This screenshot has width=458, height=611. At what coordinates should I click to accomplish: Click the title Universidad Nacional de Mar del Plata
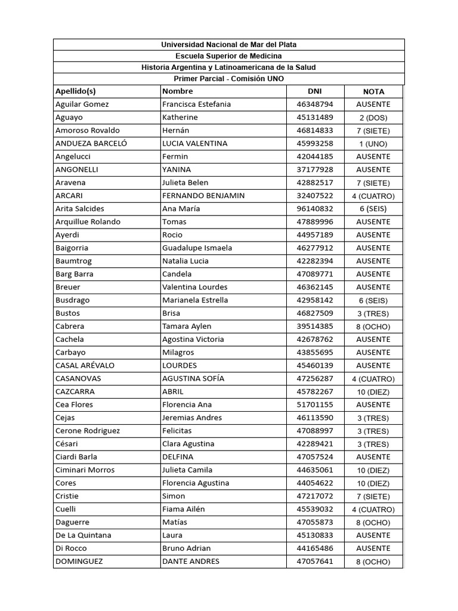[x=228, y=45]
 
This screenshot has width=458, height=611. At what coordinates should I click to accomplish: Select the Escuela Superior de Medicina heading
[x=228, y=56]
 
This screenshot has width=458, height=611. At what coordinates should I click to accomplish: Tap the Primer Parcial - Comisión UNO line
[x=228, y=79]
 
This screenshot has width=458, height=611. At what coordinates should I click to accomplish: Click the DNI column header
[x=314, y=91]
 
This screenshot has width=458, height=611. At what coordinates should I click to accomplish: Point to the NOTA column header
[x=373, y=92]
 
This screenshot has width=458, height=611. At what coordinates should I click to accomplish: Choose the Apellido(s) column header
[x=76, y=91]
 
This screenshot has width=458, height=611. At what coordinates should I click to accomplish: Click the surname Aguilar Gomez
[x=82, y=104]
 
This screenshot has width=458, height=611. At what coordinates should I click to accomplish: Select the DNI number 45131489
[x=315, y=118]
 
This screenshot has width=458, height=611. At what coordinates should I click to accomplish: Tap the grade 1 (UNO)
[x=373, y=144]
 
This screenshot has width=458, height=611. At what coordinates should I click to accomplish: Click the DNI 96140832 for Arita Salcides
[x=315, y=209]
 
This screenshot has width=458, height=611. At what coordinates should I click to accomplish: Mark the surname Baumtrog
[x=74, y=261]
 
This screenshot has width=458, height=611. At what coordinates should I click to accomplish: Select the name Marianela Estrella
[x=195, y=300]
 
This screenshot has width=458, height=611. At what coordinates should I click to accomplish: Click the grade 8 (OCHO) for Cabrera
[x=373, y=326]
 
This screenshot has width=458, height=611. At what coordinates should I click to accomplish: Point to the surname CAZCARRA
[x=75, y=392]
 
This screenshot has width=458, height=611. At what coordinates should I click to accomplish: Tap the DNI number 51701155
[x=315, y=405]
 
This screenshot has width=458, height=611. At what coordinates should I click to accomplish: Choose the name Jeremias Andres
[x=192, y=418]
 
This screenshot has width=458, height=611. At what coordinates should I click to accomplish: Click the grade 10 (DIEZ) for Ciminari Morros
[x=373, y=470]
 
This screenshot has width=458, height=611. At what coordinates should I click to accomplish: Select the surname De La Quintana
[x=83, y=535]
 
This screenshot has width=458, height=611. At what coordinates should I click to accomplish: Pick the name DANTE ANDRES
[x=191, y=561]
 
